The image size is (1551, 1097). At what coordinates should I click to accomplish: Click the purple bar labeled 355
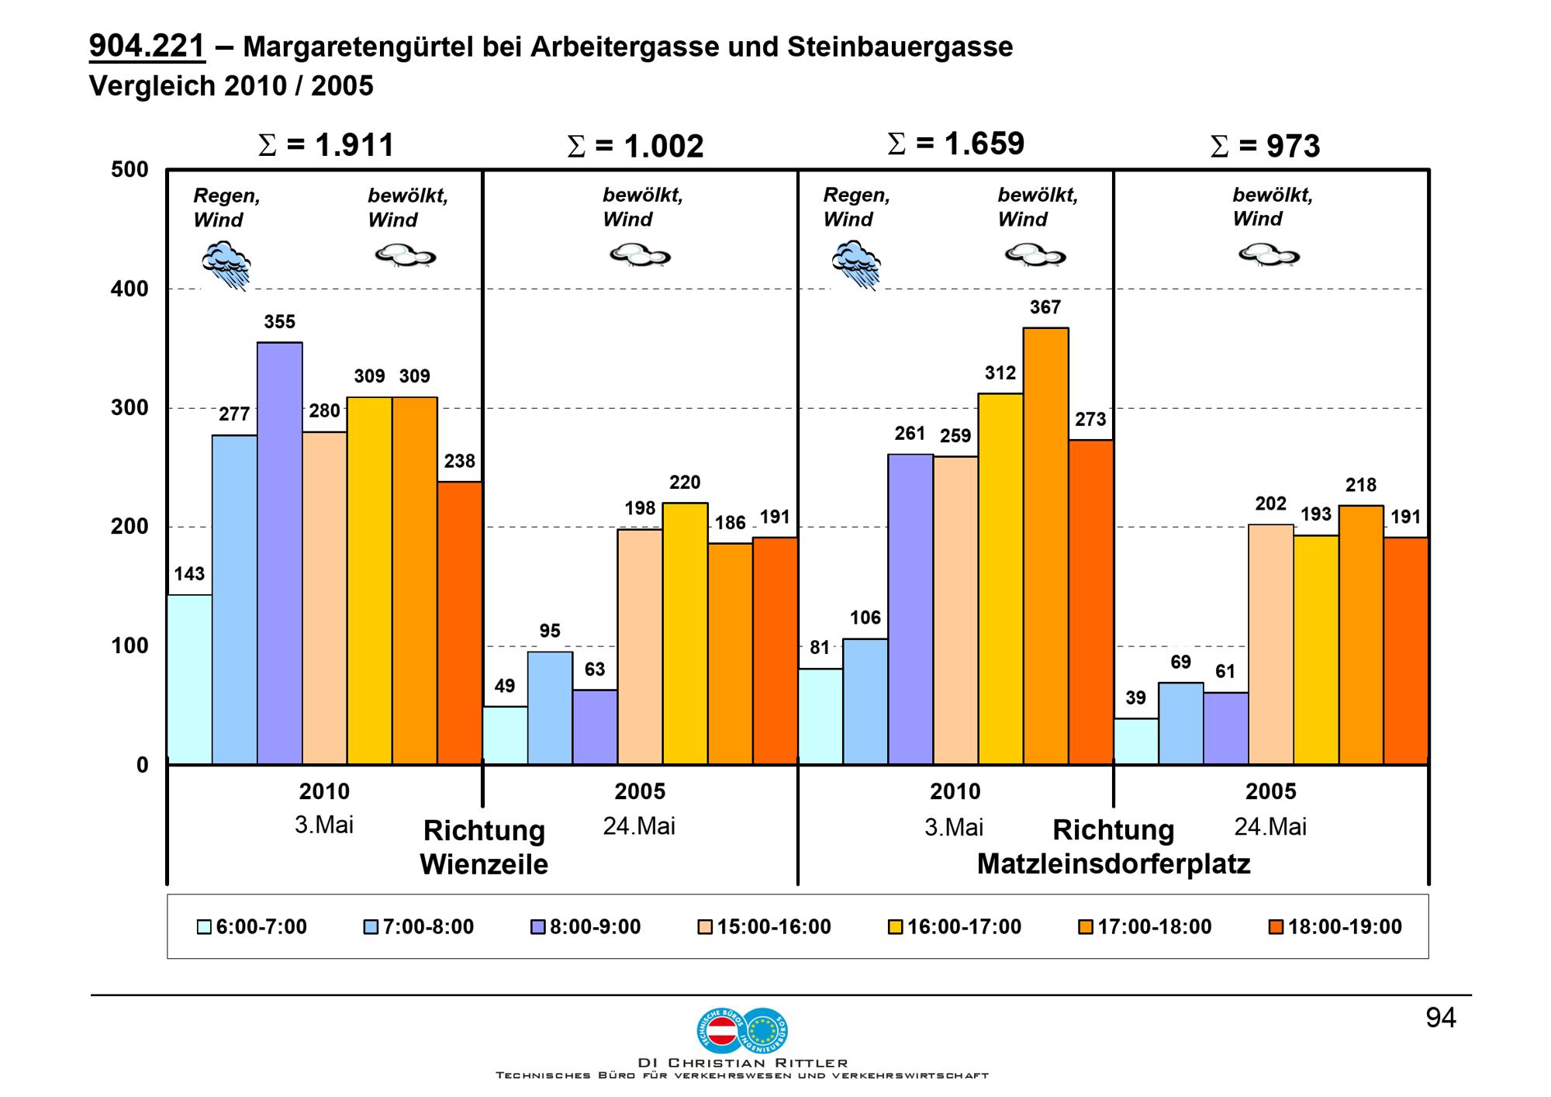(x=280, y=553)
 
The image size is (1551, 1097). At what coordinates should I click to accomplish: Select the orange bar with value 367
(x=1045, y=546)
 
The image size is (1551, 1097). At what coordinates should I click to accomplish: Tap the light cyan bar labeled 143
(x=190, y=680)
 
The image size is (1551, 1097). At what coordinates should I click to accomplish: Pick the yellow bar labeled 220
(x=685, y=634)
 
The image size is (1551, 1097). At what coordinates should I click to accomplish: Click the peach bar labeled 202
(x=1271, y=645)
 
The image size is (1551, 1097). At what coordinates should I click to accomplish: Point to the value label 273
(x=1090, y=420)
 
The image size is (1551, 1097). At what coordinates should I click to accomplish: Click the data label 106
(x=865, y=618)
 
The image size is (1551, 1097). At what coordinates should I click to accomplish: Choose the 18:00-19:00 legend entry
(x=1335, y=927)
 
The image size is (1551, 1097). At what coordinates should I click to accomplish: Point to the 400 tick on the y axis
(x=130, y=289)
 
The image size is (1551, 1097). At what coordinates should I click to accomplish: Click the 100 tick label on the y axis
(x=130, y=646)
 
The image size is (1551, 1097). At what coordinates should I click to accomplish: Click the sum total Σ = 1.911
(x=326, y=145)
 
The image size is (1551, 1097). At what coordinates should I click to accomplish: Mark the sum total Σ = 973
(x=1265, y=146)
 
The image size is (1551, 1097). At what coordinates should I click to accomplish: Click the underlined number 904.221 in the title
(x=147, y=47)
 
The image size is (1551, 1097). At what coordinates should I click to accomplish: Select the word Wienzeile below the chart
(x=484, y=864)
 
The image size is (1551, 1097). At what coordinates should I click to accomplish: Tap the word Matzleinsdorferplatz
(x=1114, y=864)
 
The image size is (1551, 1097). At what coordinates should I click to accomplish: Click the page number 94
(x=1441, y=1018)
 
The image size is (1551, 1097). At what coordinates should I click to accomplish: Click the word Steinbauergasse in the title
(x=900, y=47)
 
